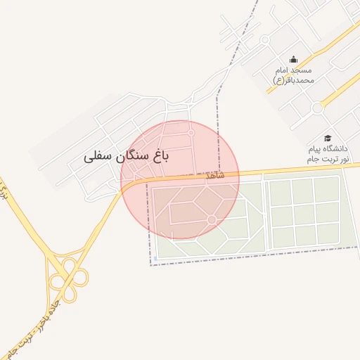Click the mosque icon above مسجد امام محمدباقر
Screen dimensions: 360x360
(x=293, y=59)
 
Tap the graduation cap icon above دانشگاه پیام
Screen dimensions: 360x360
(x=327, y=138)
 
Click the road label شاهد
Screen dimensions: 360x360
(x=215, y=174)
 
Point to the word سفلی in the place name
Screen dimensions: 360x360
(x=97, y=156)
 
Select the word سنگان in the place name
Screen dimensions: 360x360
(x=131, y=156)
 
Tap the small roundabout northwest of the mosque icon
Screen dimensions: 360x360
(x=264, y=40)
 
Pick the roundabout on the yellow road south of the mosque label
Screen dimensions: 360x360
(x=317, y=108)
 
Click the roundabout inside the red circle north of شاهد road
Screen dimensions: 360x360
(x=191, y=132)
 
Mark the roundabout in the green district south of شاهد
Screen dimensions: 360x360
(x=212, y=220)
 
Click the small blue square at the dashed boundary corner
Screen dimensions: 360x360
(x=152, y=265)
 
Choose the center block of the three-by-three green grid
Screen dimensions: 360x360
(x=304, y=214)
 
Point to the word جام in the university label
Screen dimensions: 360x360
(x=311, y=160)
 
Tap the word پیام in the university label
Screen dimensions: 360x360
(x=314, y=149)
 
